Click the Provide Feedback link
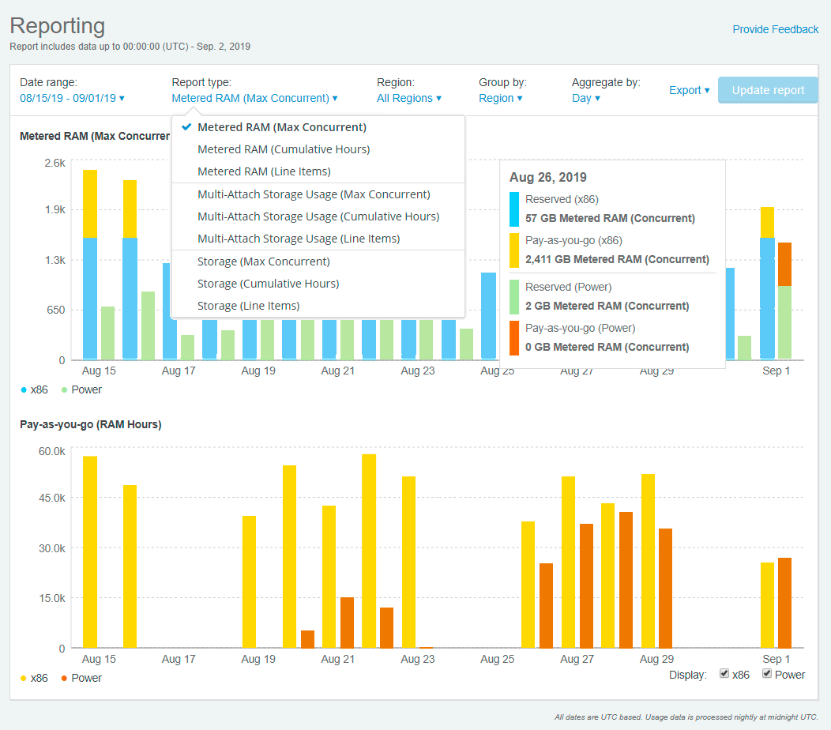tap(775, 29)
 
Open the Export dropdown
tap(689, 90)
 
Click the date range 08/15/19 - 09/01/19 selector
tap(72, 99)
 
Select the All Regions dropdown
tap(408, 99)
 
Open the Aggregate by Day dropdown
tap(586, 99)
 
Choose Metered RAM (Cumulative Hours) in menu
tap(284, 149)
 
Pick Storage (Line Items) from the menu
tap(248, 306)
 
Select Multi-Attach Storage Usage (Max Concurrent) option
tap(314, 194)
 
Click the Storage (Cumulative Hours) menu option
tap(268, 284)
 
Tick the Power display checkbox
tap(767, 674)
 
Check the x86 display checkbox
tap(724, 674)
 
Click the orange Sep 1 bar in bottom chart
tap(784, 603)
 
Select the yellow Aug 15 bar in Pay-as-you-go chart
tap(90, 551)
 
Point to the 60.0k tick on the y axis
tap(51, 451)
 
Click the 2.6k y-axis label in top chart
tap(55, 163)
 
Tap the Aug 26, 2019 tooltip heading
tap(548, 178)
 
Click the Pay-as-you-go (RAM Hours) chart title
tap(90, 424)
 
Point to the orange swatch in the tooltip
tap(514, 337)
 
